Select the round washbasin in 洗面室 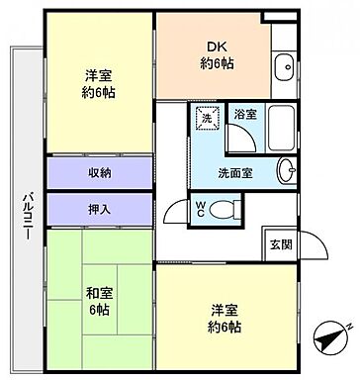tap(286, 170)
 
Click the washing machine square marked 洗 tap(207, 118)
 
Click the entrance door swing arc tap(316, 242)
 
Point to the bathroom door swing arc tap(242, 139)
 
